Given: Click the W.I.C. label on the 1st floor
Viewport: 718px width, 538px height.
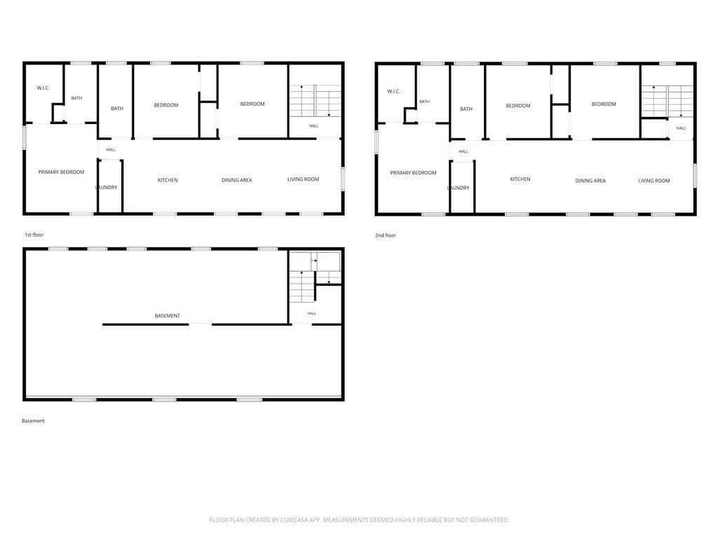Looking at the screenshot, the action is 43,88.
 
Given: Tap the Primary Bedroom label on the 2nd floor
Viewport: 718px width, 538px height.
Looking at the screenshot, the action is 413,173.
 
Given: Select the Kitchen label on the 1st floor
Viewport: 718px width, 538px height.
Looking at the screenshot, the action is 168,180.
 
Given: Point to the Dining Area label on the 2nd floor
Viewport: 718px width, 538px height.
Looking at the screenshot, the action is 590,181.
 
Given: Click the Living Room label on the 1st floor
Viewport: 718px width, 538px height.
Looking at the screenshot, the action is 303,179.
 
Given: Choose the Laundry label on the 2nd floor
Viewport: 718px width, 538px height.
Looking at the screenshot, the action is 459,188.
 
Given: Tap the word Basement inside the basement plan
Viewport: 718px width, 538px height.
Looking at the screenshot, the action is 167,316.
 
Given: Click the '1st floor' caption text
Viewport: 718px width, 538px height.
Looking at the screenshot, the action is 34,235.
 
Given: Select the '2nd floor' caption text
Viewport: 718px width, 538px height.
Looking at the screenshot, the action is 386,235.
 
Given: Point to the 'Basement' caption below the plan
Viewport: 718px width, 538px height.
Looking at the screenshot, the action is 33,421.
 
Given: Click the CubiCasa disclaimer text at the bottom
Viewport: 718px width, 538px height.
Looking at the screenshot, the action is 359,520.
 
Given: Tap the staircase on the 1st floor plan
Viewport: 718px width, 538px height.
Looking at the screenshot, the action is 315,101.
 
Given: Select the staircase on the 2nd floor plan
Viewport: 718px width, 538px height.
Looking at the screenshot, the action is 667,102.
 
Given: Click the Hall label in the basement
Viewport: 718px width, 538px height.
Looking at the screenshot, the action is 312,313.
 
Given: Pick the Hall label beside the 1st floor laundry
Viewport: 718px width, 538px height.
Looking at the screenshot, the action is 111,150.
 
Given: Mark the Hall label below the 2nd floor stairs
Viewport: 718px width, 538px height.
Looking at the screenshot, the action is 682,128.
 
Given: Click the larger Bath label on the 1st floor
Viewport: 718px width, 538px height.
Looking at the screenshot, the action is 117,109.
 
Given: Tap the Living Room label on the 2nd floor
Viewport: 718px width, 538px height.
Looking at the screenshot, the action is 654,181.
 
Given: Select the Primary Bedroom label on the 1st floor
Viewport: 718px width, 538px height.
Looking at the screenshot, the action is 61,172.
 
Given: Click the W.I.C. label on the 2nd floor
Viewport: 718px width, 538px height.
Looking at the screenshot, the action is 394,92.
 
